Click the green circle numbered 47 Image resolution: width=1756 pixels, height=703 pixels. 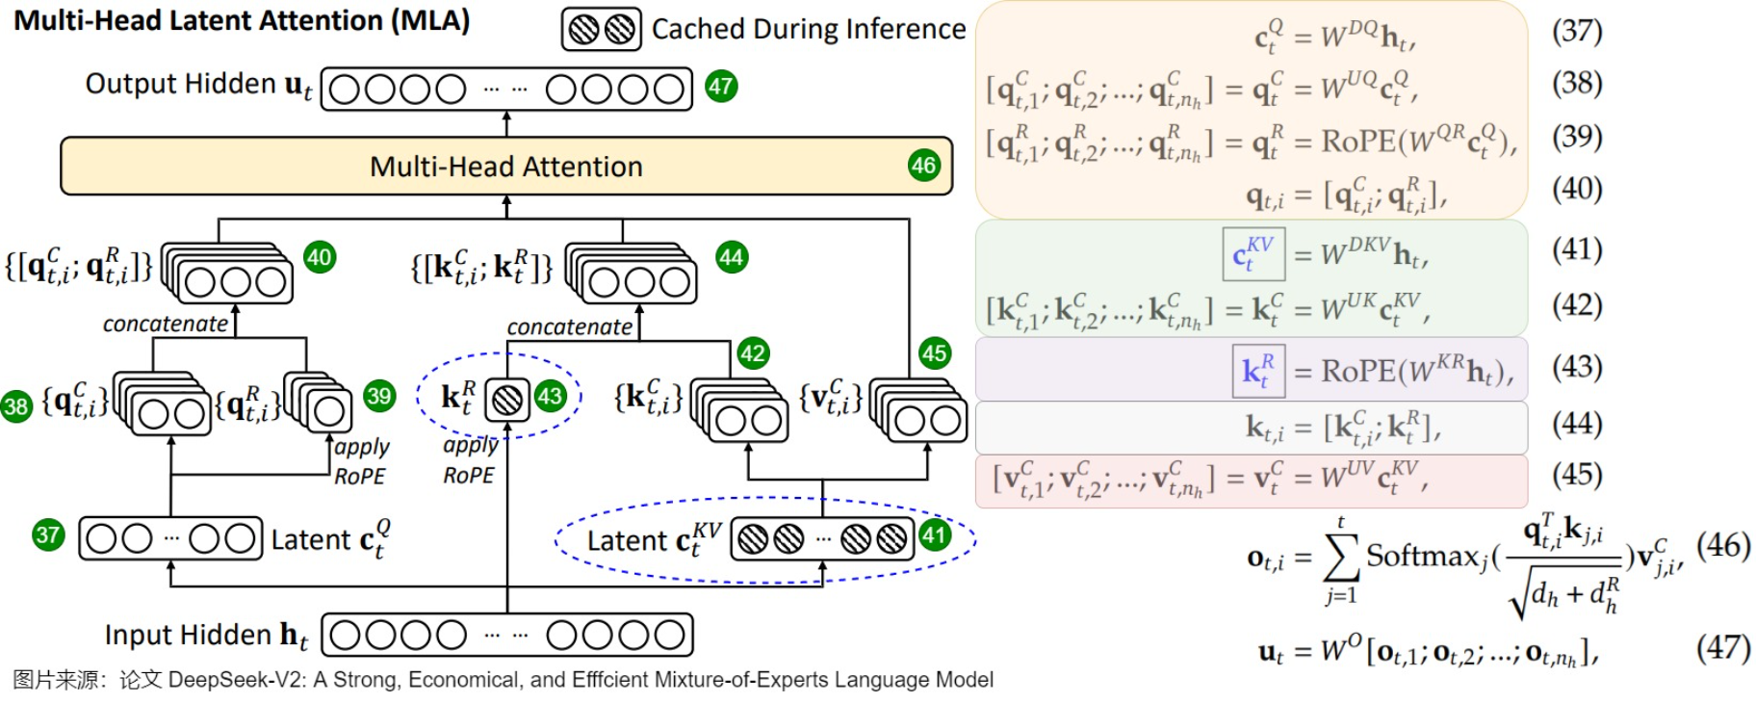[721, 87]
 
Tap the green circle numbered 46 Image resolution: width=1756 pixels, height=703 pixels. [923, 166]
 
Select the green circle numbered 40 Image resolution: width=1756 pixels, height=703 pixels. [319, 257]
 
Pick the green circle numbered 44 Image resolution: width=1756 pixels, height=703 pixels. [732, 257]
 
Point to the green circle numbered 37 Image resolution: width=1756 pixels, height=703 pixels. [47, 534]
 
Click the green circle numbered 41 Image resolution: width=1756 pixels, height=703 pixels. [935, 534]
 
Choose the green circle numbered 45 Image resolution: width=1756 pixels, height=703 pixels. [934, 352]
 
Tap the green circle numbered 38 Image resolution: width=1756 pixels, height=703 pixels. [16, 405]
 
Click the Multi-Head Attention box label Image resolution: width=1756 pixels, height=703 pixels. [505, 167]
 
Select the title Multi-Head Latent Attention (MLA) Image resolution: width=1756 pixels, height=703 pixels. [242, 21]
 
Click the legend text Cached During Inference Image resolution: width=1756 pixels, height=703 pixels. [808, 30]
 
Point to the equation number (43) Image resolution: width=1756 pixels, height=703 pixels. [1576, 367]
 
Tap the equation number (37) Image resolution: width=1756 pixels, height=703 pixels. [1576, 31]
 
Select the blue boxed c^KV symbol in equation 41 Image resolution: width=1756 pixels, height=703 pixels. [1252, 254]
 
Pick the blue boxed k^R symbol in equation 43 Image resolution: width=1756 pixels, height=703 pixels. [1257, 370]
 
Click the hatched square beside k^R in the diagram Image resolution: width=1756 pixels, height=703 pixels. [507, 399]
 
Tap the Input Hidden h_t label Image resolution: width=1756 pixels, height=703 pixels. [206, 636]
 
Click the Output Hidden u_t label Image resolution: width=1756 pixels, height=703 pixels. [198, 85]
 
